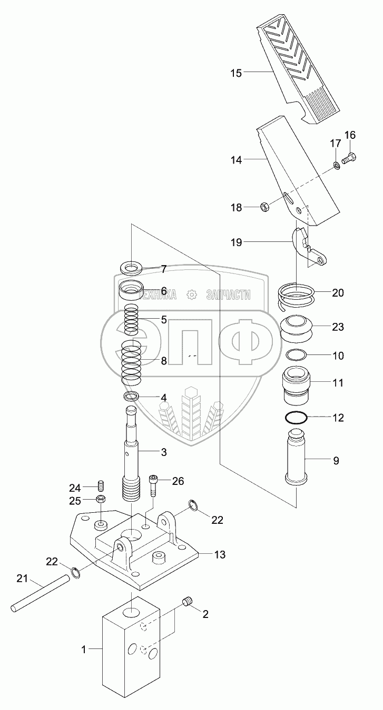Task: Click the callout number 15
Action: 235,73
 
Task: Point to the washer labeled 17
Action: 336,167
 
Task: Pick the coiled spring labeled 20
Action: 297,297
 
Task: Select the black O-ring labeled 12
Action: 297,418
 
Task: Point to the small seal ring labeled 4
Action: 132,396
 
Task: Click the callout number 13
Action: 219,554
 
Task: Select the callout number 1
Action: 83,650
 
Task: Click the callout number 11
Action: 337,383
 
